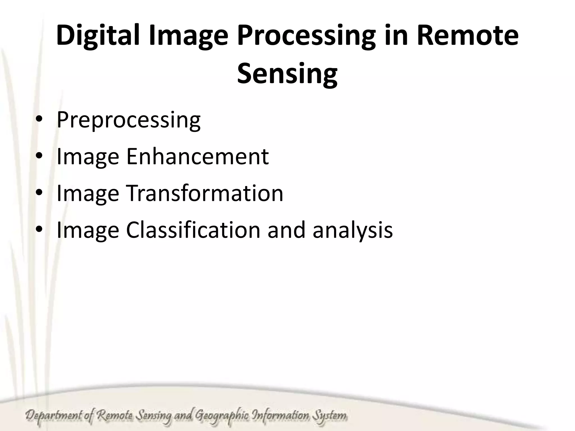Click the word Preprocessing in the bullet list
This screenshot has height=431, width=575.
coord(129,120)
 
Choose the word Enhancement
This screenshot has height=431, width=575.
coord(197,156)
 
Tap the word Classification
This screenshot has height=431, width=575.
coord(193,230)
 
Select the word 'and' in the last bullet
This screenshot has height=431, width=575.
coord(286,230)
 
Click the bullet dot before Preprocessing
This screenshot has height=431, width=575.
coord(39,120)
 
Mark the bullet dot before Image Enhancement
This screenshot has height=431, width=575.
coord(39,156)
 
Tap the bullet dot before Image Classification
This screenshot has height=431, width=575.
coord(39,230)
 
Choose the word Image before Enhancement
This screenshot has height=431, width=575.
coord(88,157)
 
